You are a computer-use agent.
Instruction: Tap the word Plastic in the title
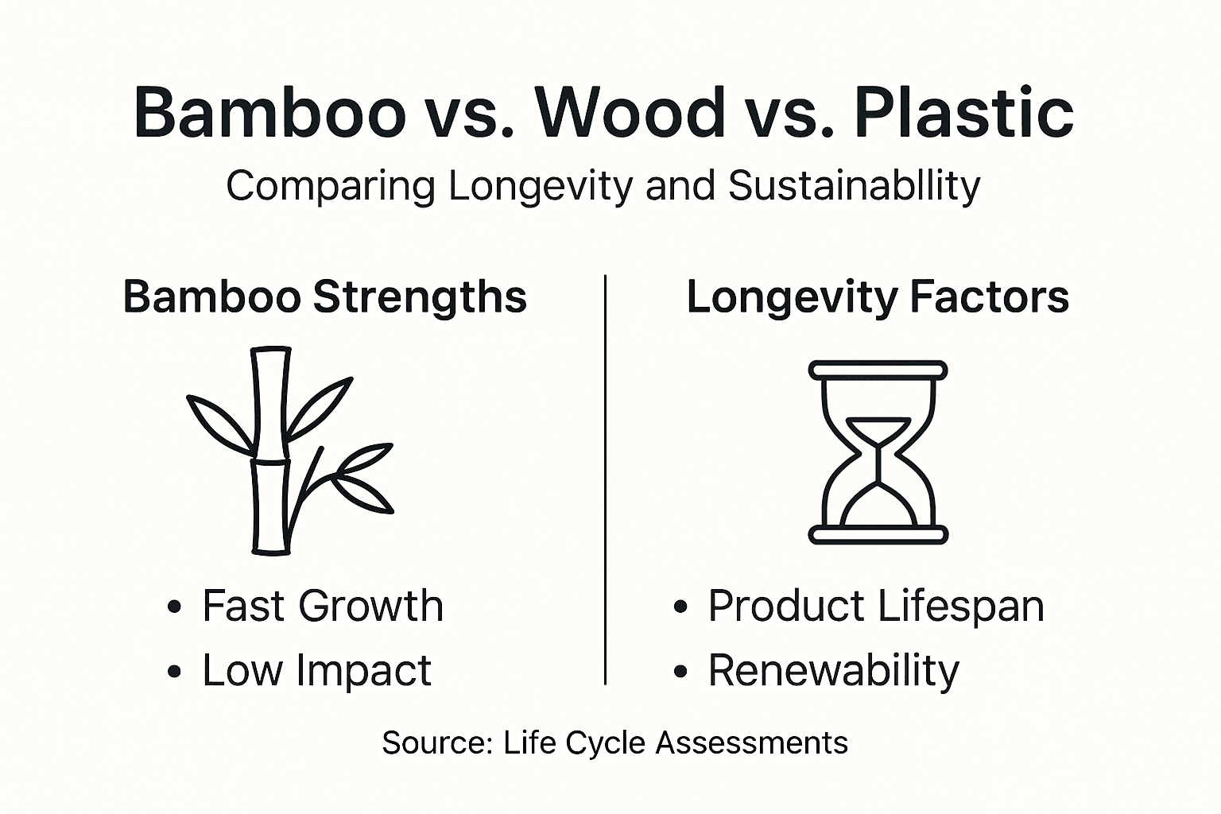pos(963,112)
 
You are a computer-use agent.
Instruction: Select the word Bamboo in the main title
pos(270,112)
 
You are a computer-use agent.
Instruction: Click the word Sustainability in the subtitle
pos(854,186)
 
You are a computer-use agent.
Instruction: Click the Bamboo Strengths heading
pos(324,297)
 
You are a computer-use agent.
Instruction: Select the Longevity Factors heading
pos(878,297)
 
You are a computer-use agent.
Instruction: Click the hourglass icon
pos(878,452)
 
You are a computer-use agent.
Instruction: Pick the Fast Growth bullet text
pos(322,606)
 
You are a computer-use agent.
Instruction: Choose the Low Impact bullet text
pos(316,670)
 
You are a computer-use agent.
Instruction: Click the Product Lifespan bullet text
pos(875,607)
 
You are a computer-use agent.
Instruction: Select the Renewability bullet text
pos(833,671)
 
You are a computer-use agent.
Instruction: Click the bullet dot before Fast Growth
pos(175,608)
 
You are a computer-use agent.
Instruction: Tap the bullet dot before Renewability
pos(680,672)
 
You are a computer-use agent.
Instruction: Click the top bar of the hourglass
pos(878,370)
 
